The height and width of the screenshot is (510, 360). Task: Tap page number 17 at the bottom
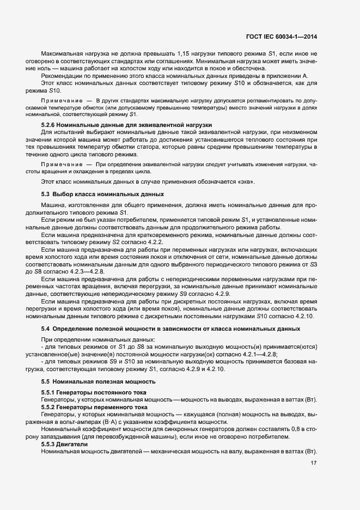[x=313, y=463]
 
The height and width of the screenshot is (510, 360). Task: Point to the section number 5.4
[x=45, y=329]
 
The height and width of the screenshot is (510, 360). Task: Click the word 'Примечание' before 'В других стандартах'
[x=57, y=101]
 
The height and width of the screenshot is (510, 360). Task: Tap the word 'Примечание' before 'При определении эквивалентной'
[x=57, y=163]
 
